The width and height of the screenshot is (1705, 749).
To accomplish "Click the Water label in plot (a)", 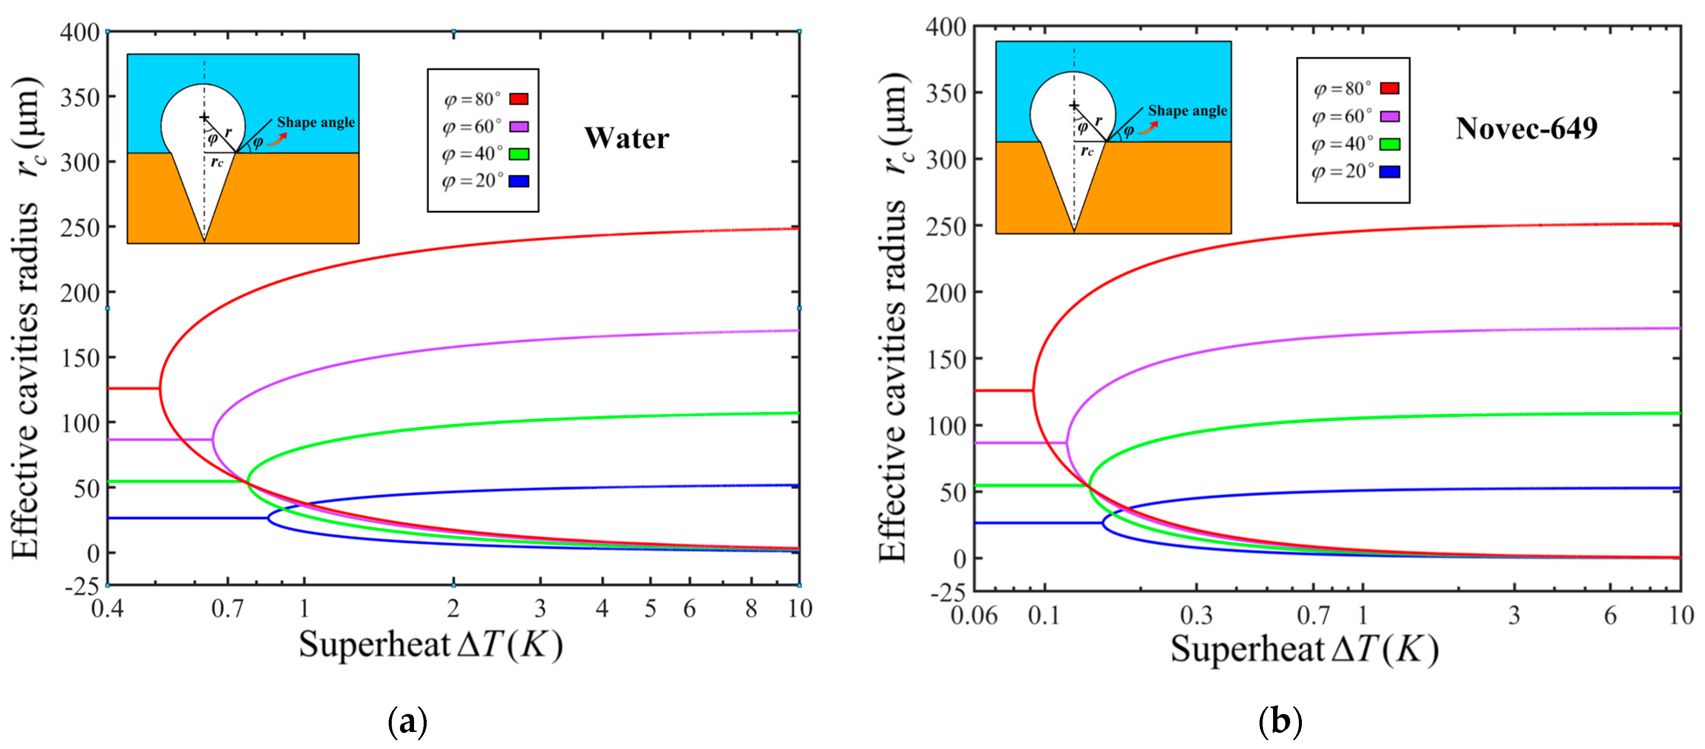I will pyautogui.click(x=626, y=139).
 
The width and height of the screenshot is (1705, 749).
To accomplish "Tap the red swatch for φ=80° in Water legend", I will pyautogui.click(x=518, y=99).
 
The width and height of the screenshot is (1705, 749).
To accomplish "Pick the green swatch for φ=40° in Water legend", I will pyautogui.click(x=518, y=154).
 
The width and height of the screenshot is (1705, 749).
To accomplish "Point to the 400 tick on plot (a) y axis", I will pyautogui.click(x=79, y=32).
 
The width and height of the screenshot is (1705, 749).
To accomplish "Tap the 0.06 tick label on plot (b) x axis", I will pyautogui.click(x=973, y=616).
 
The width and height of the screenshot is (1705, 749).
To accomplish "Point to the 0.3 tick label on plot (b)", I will pyautogui.click(x=1196, y=616).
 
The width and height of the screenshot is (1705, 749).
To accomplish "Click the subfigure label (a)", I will pyautogui.click(x=407, y=721).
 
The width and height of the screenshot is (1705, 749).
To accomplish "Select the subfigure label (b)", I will pyautogui.click(x=1280, y=721).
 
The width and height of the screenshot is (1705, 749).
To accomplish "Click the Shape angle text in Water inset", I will pyautogui.click(x=316, y=122).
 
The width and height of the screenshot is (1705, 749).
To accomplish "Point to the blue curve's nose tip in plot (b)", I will pyautogui.click(x=1103, y=523).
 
